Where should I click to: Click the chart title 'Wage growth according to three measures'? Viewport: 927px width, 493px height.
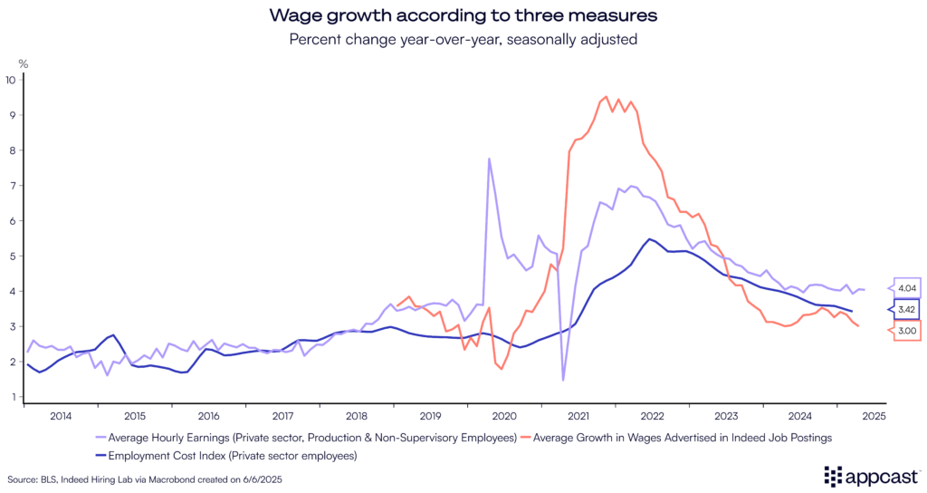point(463,15)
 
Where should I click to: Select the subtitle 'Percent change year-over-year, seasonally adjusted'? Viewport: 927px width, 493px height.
point(463,39)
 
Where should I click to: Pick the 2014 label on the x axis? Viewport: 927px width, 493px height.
point(61,417)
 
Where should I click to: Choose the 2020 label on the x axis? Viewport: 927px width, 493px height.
point(503,417)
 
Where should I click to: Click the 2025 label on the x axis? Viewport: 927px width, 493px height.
point(874,417)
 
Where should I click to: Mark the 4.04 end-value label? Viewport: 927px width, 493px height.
point(907,288)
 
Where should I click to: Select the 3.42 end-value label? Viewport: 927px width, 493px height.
point(907,310)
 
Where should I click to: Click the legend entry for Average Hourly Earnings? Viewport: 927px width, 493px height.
point(307,439)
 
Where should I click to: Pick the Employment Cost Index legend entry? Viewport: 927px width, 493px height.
point(230,455)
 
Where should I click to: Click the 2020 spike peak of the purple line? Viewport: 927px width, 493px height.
point(490,159)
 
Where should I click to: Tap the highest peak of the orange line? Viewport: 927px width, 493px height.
point(606,96)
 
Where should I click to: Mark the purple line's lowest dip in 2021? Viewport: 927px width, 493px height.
point(562,380)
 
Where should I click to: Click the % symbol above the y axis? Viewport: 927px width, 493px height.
point(24,63)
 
